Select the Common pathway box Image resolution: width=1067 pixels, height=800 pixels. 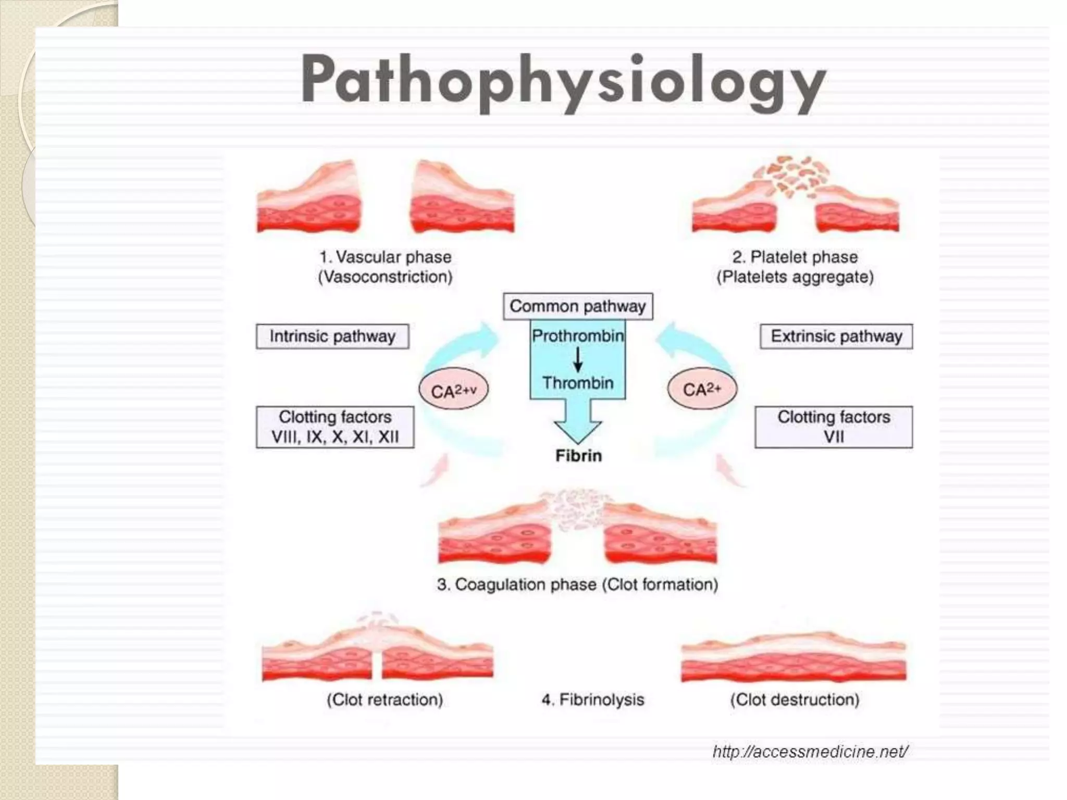(578, 306)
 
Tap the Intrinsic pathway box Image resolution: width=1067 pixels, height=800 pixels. (332, 336)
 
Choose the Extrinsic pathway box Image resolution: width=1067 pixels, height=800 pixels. (836, 336)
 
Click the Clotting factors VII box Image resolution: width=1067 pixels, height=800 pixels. (834, 427)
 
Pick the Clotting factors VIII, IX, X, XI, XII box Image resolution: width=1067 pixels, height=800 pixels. (335, 427)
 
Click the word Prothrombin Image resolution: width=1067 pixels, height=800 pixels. (578, 336)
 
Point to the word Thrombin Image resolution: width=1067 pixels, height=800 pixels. (578, 383)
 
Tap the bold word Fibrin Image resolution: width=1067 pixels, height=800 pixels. (578, 456)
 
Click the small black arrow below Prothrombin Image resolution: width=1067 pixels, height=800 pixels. (578, 359)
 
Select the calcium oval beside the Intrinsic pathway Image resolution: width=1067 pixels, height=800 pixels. (453, 390)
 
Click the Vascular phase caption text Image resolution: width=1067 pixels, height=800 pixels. (386, 267)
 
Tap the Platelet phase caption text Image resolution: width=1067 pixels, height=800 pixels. (795, 267)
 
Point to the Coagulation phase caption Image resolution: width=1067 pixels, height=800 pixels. (577, 584)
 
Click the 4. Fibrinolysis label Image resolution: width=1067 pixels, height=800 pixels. (593, 699)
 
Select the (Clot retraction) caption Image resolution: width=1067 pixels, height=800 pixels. (385, 699)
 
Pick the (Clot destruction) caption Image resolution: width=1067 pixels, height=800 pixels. (795, 699)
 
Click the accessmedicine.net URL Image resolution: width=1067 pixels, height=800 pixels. (810, 752)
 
